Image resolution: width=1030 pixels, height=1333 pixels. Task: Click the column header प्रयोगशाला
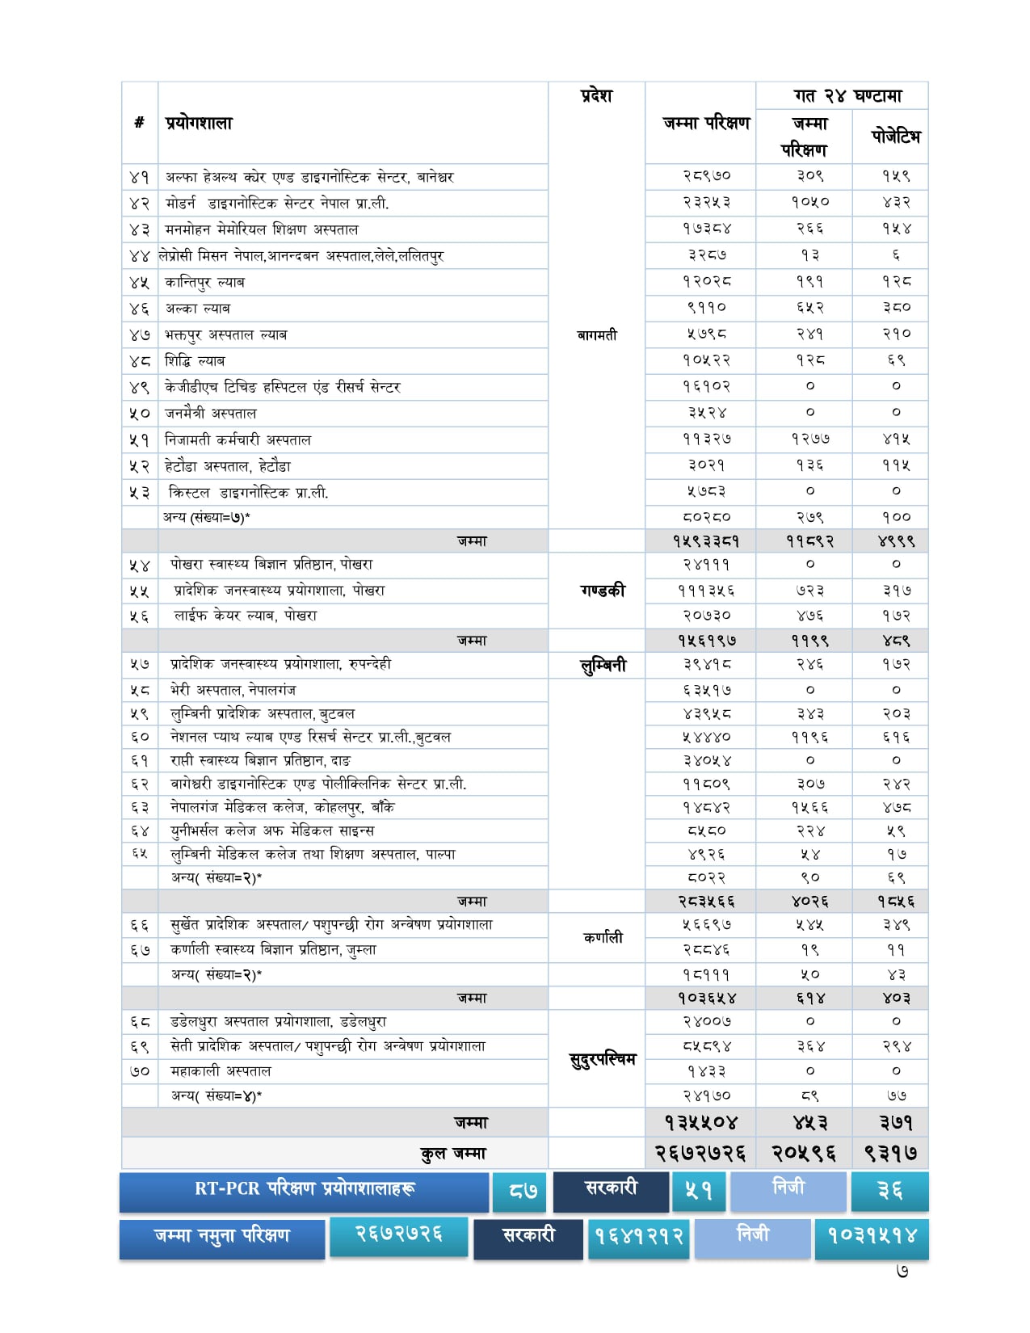(199, 124)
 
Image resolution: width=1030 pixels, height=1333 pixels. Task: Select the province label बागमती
(597, 334)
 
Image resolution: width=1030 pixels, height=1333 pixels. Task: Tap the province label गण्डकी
(603, 591)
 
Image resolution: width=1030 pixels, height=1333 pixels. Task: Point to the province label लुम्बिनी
(603, 666)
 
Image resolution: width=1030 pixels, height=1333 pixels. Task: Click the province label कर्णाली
(603, 937)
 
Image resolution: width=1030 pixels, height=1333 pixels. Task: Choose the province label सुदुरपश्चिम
(603, 1059)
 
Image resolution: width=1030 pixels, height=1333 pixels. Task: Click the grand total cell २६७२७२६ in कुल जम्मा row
(700, 1153)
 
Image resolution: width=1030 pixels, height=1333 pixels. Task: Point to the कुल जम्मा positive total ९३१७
(890, 1153)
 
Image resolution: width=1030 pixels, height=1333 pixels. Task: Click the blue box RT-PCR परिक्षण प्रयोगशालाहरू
(305, 1190)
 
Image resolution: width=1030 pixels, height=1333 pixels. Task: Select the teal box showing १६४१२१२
(638, 1237)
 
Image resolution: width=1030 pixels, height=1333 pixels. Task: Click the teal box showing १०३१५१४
(872, 1237)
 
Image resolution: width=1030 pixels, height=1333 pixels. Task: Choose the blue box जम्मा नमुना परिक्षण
(221, 1237)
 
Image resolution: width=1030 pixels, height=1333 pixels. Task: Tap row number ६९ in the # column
(139, 1046)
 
